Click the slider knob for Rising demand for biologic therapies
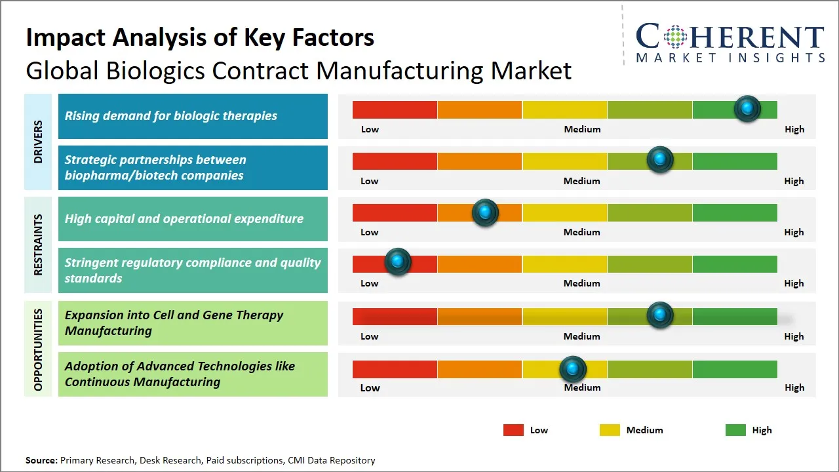747,109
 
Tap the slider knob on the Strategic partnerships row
660,160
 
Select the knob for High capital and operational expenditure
485,212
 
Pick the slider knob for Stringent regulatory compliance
397,262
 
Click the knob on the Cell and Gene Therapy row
660,315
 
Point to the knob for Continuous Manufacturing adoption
573,370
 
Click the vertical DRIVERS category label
38,142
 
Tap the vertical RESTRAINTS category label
38,245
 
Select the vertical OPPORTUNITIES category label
38,349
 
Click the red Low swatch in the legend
513,430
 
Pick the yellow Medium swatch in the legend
610,430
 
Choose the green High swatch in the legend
735,430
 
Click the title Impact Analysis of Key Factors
200,38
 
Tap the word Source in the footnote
41,460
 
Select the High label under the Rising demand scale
794,129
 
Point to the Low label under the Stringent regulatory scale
369,283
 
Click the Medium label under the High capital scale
581,232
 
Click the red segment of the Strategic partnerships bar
395,161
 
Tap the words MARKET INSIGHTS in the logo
730,58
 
